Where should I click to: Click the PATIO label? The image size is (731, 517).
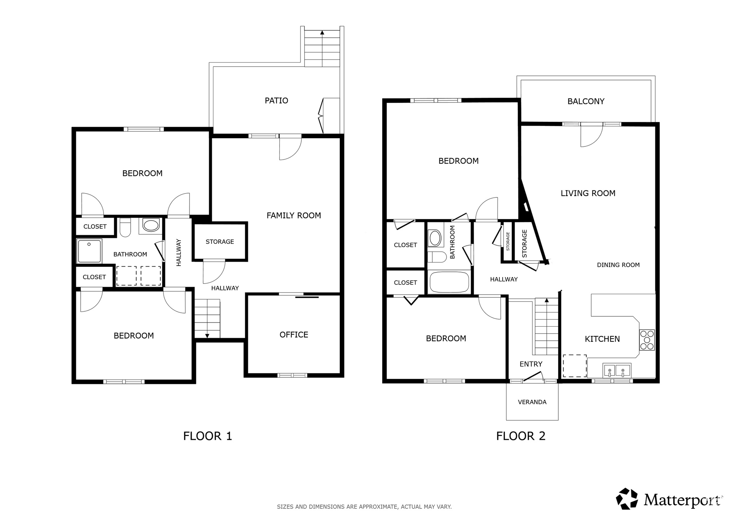tap(276, 101)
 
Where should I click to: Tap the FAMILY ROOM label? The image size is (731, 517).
tap(294, 215)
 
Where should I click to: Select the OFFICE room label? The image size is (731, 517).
tap(294, 335)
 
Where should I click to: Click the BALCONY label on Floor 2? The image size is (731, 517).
tap(586, 101)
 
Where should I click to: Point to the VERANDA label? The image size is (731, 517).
tap(532, 402)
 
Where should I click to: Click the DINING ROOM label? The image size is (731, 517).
tap(618, 265)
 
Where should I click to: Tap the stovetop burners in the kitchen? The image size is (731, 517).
tap(647, 340)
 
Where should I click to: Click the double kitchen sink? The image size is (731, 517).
tap(616, 370)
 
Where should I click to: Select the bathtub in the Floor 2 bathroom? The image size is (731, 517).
tap(449, 282)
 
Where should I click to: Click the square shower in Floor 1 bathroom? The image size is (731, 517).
tap(89, 251)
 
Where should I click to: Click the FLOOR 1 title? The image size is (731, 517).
tap(207, 436)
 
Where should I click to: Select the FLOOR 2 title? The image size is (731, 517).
tap(521, 436)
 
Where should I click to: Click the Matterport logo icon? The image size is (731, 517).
tap(627, 498)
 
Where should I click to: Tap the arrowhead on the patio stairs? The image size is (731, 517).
tap(322, 32)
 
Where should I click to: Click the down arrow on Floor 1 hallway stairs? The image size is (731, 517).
tap(207, 336)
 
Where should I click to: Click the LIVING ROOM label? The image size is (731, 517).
tap(588, 194)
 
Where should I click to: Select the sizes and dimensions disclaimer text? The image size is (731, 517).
tap(364, 507)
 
